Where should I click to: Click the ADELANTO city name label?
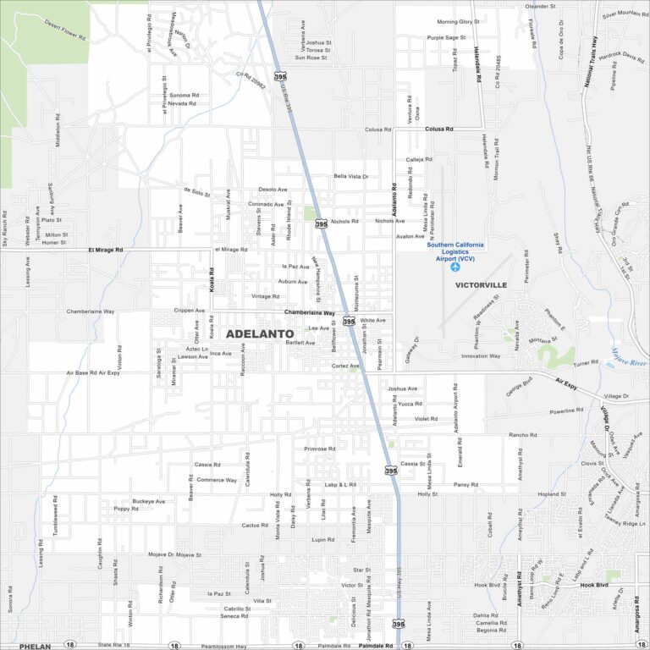coord(260,333)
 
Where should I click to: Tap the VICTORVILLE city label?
coord(481,285)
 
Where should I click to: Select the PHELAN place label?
coord(35,646)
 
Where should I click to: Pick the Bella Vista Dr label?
coord(351,176)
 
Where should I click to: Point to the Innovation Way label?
coord(481,356)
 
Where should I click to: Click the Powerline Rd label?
coord(566,410)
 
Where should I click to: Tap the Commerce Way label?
coord(218,480)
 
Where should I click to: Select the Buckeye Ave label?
coord(148,501)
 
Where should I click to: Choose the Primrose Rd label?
coord(320,449)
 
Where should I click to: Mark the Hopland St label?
coord(551,493)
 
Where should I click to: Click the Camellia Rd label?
coord(490,622)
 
